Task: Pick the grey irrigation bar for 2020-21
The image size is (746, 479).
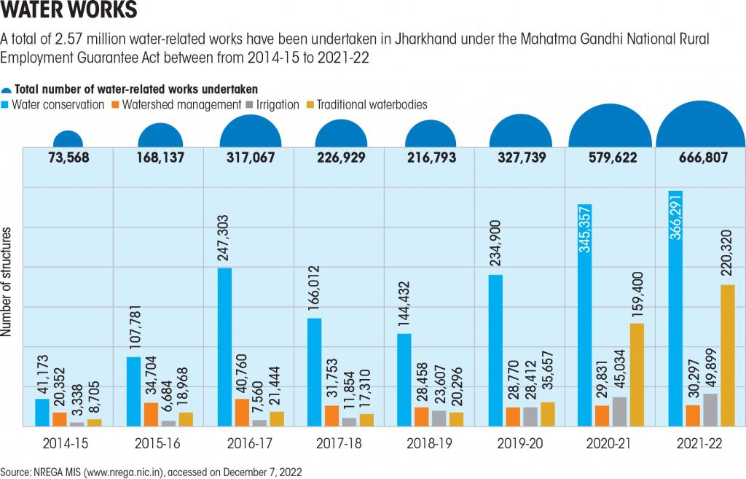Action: point(619,411)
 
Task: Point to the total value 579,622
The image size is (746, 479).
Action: point(609,157)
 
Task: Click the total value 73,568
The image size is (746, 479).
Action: point(68,157)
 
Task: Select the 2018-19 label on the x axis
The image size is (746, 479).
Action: point(429,443)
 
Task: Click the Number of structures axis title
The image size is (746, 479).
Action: point(7,281)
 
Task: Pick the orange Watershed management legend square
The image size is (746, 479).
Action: point(115,105)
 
